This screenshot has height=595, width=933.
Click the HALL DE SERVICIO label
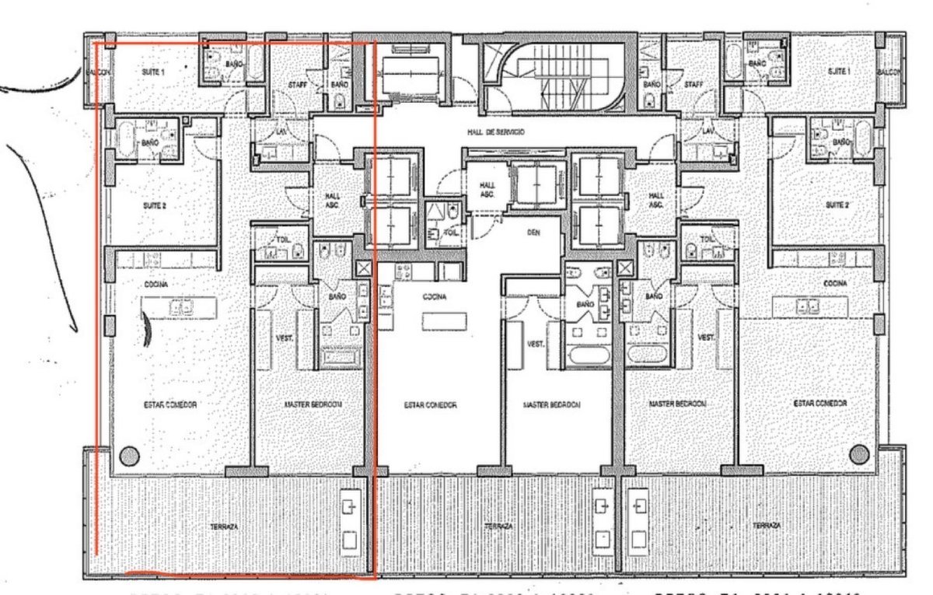pyautogui.click(x=495, y=132)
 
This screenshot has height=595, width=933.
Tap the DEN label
pyautogui.click(x=533, y=233)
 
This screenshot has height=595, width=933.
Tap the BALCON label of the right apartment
pyautogui.click(x=888, y=72)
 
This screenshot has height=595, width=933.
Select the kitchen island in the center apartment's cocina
pyautogui.click(x=444, y=321)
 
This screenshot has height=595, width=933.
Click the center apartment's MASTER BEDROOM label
pyautogui.click(x=552, y=405)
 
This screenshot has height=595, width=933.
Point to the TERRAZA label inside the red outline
pyautogui.click(x=223, y=527)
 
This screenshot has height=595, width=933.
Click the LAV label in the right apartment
pyautogui.click(x=707, y=133)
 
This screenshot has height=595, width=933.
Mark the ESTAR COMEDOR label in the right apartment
pyautogui.click(x=819, y=404)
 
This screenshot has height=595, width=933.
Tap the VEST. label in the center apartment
pyautogui.click(x=535, y=343)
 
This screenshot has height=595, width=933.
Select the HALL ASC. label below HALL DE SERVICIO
pyautogui.click(x=488, y=189)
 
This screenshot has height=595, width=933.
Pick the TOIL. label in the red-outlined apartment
pyautogui.click(x=283, y=240)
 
